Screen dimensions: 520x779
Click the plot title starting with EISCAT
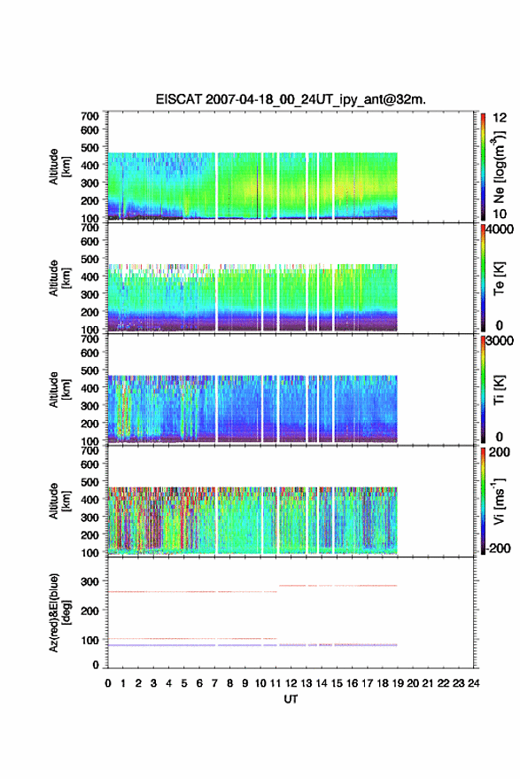[x=291, y=99]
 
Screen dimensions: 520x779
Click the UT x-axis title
[x=291, y=699]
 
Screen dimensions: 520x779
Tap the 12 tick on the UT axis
[x=291, y=683]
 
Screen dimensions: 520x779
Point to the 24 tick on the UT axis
[x=473, y=683]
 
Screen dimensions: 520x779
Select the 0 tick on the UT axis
[x=108, y=683]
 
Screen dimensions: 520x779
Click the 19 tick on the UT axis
[x=398, y=683]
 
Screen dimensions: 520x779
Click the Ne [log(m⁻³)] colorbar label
[x=499, y=167]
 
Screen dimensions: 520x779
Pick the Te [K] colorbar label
[x=499, y=278]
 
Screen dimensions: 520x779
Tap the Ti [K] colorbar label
[x=499, y=390]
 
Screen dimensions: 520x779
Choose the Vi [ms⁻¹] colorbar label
[x=499, y=501]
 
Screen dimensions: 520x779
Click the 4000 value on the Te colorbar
[x=500, y=230]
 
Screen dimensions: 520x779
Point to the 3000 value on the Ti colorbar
[x=500, y=341]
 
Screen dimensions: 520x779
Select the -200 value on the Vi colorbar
[x=497, y=548]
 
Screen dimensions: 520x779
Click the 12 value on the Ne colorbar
[x=500, y=118]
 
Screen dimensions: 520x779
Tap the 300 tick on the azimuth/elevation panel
[x=89, y=581]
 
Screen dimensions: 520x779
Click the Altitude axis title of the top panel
[x=58, y=167]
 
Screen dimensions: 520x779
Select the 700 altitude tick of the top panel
[x=89, y=116]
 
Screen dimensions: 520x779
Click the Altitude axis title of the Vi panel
[x=58, y=501]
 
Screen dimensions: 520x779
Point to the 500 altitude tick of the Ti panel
[x=89, y=370]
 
